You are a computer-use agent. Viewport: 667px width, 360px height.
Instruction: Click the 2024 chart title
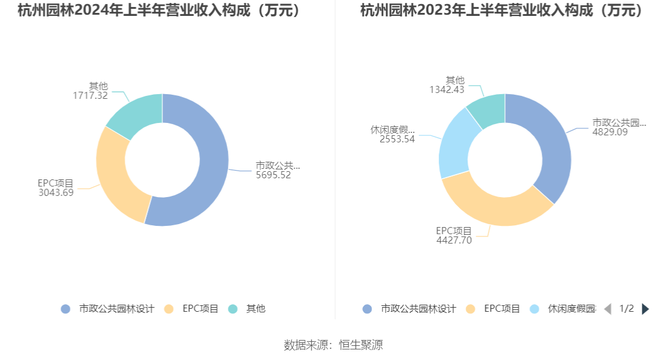coord(159,11)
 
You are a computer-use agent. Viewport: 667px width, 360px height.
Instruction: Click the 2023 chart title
coord(502,11)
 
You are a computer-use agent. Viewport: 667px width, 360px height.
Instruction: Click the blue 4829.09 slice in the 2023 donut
coord(550,147)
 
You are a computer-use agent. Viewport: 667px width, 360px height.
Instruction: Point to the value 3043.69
coord(56,192)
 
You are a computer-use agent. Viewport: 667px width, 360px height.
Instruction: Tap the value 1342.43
coord(447,89)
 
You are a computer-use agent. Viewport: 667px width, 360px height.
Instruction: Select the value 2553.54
coord(397,139)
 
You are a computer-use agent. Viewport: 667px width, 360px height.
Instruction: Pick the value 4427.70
coord(454,240)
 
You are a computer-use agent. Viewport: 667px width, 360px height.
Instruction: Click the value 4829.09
coord(610,132)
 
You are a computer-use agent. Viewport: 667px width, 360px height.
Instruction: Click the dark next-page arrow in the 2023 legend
coord(645,309)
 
